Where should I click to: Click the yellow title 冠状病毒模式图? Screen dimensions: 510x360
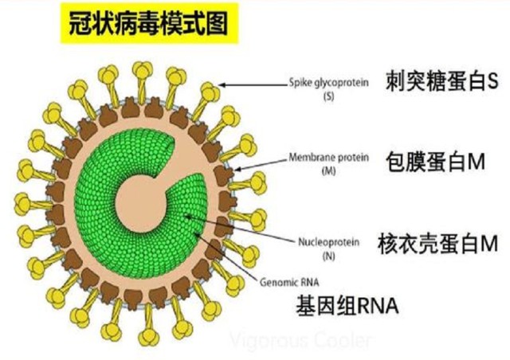click(149, 23)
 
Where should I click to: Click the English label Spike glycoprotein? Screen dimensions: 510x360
click(329, 83)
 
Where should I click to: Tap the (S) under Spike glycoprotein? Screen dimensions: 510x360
click(328, 96)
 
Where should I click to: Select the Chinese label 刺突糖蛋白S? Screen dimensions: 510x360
click(441, 81)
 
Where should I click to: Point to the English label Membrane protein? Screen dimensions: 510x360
click(329, 158)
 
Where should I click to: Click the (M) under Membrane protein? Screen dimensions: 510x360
click(328, 170)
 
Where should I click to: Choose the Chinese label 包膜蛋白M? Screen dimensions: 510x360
click(435, 162)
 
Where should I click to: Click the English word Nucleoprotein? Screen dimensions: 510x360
click(329, 242)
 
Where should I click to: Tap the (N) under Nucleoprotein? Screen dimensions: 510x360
click(328, 256)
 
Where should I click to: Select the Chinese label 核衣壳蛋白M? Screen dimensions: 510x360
click(437, 244)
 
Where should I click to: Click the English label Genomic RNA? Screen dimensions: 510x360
click(289, 282)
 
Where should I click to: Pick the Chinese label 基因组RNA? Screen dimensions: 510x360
click(347, 305)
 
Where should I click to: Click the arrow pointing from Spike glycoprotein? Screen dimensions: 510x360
click(253, 85)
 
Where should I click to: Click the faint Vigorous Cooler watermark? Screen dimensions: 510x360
click(301, 341)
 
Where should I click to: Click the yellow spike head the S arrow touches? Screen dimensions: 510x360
click(210, 92)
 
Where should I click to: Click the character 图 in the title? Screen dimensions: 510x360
click(217, 23)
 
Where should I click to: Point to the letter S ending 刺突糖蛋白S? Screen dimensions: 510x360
click(492, 81)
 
